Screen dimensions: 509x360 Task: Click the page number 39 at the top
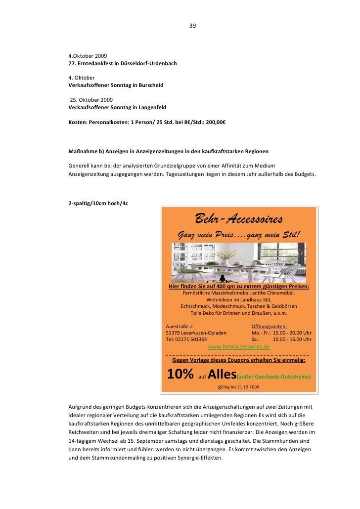(x=192, y=26)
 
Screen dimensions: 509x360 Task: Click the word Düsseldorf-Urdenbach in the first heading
(x=148, y=64)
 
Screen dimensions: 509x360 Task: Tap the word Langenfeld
(x=150, y=107)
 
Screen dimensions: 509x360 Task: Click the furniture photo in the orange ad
(x=239, y=262)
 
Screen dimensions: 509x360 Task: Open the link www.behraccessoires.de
(x=239, y=347)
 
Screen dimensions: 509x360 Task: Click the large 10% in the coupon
(x=180, y=374)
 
